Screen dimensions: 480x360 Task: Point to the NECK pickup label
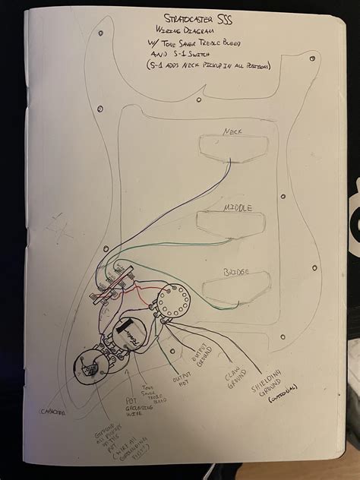[x=232, y=131]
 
